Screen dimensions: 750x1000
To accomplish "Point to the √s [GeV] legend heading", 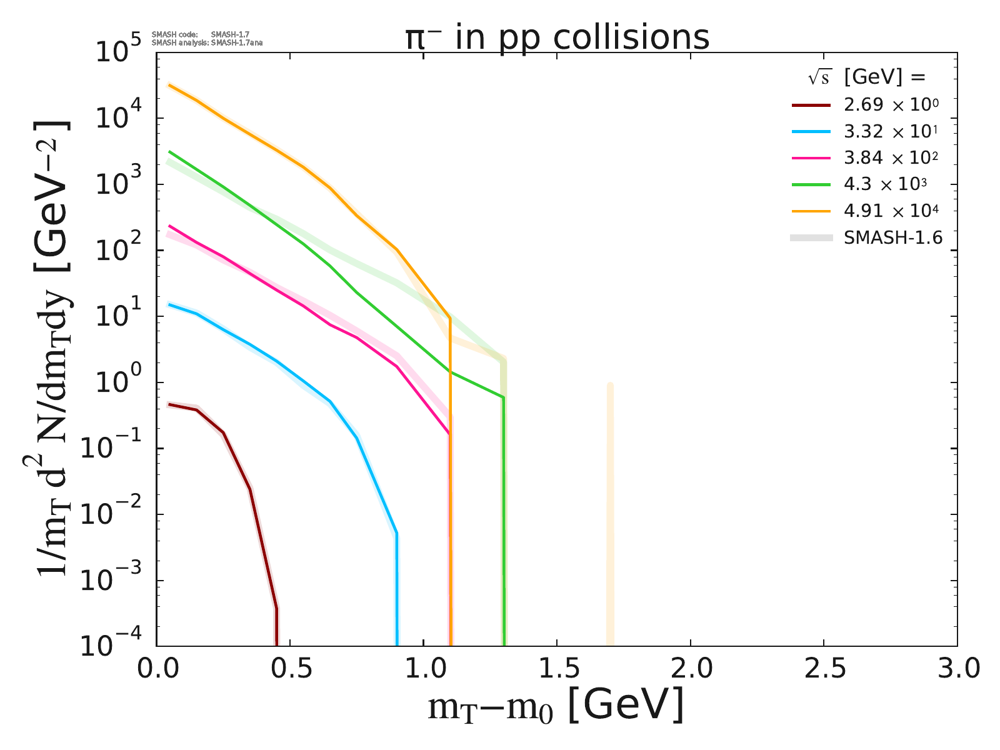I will tap(866, 77).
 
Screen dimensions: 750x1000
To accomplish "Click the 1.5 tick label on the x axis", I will tap(556, 669).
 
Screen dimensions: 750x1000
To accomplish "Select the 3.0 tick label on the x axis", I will tap(956, 669).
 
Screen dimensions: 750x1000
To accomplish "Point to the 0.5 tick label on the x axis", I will tap(290, 669).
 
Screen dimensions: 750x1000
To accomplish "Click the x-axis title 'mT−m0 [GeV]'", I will tap(556, 706).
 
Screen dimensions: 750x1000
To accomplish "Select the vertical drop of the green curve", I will tap(504, 519).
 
